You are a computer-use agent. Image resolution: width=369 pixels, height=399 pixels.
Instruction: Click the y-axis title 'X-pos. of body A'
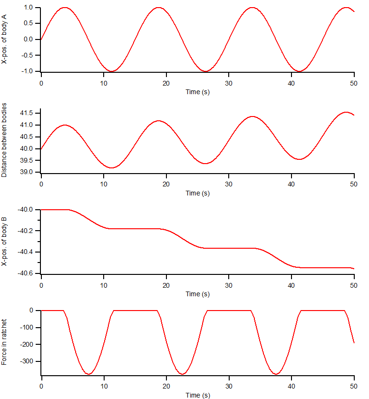point(4,39)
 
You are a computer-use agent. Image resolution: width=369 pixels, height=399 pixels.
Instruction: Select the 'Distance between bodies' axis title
point(4,140)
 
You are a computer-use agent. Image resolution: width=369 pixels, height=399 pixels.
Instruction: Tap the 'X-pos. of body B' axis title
point(4,242)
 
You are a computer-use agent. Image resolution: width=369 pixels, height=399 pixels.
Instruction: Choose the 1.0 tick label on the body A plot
point(28,8)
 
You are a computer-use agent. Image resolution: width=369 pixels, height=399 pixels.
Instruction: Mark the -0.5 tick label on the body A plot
point(27,55)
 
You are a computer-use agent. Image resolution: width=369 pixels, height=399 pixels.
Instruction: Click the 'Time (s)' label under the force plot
point(197,395)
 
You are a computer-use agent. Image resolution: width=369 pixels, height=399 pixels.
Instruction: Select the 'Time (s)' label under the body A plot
point(197,92)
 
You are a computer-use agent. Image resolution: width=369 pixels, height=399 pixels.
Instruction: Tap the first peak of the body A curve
point(65,8)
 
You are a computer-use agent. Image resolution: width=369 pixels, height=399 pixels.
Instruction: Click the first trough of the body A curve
point(112,71)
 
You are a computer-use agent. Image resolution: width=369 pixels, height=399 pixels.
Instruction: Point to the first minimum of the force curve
point(88,374)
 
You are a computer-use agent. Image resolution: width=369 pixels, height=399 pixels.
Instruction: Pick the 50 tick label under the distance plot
point(354,183)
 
